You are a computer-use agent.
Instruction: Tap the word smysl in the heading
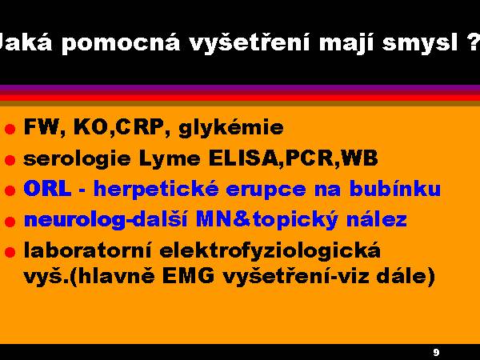(420, 43)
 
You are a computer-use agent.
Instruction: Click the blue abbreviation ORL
(47, 188)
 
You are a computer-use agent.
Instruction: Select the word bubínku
(395, 188)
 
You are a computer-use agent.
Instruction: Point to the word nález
(376, 219)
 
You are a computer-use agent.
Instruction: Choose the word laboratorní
(87, 250)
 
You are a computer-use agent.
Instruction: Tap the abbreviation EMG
(188, 276)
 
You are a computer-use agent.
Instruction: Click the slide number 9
(436, 352)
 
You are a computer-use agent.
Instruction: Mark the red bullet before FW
(10, 129)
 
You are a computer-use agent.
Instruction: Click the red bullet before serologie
(10, 160)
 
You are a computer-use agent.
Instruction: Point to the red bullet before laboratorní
(10, 252)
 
